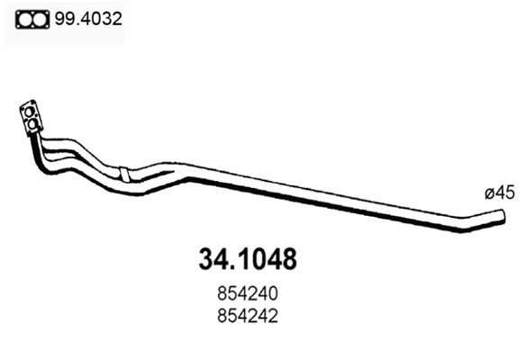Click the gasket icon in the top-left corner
[x=32, y=20]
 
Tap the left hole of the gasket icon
[x=24, y=20]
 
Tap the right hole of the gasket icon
[x=40, y=20]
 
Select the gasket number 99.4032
[x=88, y=19]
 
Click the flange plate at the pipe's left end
[x=32, y=118]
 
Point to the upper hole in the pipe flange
[x=29, y=112]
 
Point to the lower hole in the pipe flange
[x=32, y=124]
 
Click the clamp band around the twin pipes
[x=124, y=175]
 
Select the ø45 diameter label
[x=500, y=193]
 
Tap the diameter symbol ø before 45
[x=489, y=193]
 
